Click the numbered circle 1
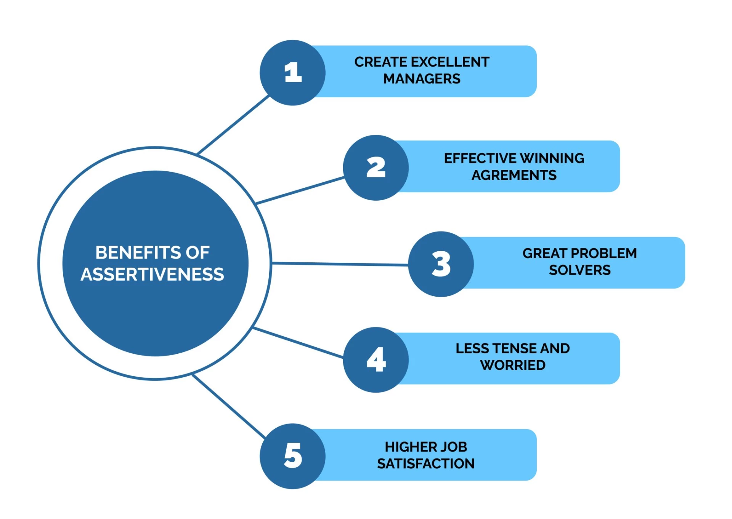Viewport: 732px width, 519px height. point(292,73)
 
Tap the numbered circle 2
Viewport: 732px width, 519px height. point(376,168)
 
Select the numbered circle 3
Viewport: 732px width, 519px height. point(441,264)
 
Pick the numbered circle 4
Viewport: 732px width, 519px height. point(376,359)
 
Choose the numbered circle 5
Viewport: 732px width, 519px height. point(292,456)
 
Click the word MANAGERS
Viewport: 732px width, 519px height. point(422,79)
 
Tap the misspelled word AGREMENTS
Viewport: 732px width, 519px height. point(514,175)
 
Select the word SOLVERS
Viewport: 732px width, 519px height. point(579,270)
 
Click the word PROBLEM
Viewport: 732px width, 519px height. point(604,253)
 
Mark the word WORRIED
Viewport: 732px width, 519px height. point(512,365)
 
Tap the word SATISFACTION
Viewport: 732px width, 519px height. point(425,464)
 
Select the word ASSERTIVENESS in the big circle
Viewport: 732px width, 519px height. point(152,275)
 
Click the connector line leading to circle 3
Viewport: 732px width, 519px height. point(339,263)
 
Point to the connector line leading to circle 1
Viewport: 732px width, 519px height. point(233,125)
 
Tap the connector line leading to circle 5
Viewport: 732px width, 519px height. point(229,406)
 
